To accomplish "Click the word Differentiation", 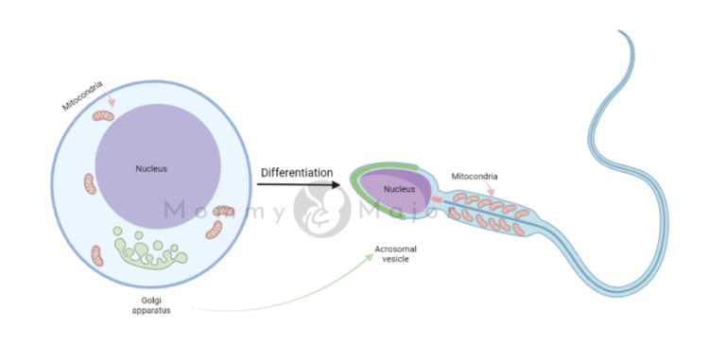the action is coord(296,173).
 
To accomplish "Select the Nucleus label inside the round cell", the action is coord(150,170).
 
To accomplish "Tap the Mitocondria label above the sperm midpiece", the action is coord(475,176).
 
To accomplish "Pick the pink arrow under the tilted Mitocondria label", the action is coord(112,99).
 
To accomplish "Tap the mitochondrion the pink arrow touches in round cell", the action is coord(102,117).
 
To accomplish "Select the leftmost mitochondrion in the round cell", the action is coord(90,183).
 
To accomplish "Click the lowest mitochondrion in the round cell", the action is coord(96,255).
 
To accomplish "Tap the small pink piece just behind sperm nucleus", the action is coord(437,199).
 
